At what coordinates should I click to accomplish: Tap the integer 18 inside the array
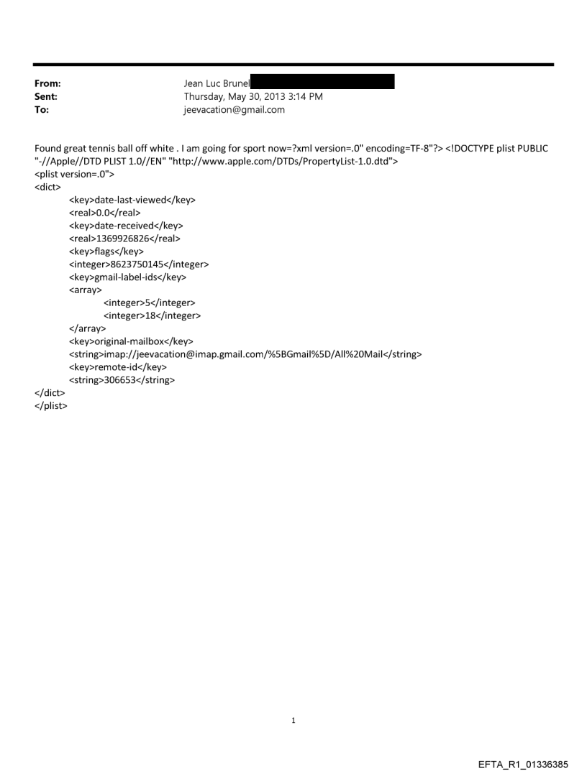tap(150, 315)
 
